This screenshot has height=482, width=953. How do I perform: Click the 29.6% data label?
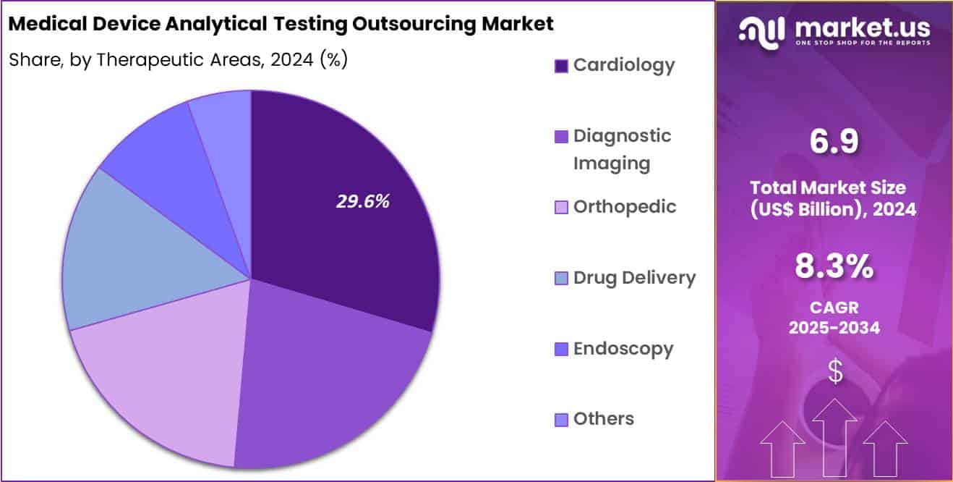(362, 202)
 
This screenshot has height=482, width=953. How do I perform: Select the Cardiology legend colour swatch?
(561, 66)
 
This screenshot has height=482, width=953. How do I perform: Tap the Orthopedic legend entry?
(625, 206)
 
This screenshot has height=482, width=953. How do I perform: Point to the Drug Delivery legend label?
(634, 277)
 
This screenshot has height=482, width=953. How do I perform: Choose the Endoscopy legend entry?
(623, 348)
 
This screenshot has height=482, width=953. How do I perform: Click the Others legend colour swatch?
(561, 420)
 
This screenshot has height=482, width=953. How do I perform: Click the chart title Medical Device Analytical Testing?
(281, 24)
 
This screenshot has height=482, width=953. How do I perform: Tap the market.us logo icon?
(761, 30)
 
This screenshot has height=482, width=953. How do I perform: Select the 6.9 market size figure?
(834, 142)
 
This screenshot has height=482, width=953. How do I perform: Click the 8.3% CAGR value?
(834, 267)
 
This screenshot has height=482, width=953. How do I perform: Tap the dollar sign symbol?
(834, 372)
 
